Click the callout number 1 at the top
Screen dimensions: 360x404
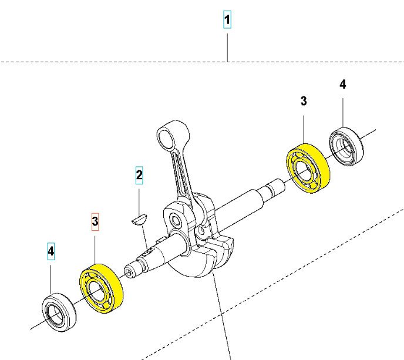pyautogui.click(x=228, y=21)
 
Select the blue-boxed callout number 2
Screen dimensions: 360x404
pyautogui.click(x=139, y=175)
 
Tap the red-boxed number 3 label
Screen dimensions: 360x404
pyautogui.click(x=95, y=221)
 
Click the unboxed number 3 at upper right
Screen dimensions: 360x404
pyautogui.click(x=304, y=101)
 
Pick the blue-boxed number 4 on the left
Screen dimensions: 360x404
pyautogui.click(x=51, y=253)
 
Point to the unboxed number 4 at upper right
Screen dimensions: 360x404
pyautogui.click(x=343, y=85)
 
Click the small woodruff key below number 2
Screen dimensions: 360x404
pyautogui.click(x=138, y=219)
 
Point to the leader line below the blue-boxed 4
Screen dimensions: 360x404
pyautogui.click(x=51, y=276)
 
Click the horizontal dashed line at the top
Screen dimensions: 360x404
pyautogui.click(x=117, y=61)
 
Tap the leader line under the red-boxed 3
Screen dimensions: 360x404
pyautogui.click(x=95, y=247)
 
